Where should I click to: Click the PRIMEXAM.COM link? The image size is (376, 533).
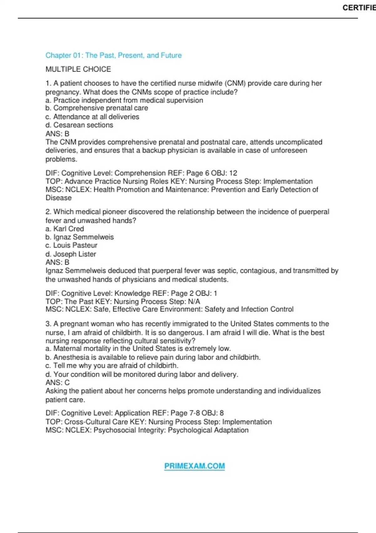pyautogui.click(x=195, y=466)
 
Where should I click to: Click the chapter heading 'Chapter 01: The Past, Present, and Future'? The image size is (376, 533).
pyautogui.click(x=113, y=55)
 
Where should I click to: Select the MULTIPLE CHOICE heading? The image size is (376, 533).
pyautogui.click(x=78, y=69)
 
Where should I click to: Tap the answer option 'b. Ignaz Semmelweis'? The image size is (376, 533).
pyautogui.click(x=80, y=237)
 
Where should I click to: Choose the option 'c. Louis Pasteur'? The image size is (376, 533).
pyautogui.click(x=71, y=245)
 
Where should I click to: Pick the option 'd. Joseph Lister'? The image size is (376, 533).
pyautogui.click(x=71, y=254)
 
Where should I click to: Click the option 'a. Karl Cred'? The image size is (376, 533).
pyautogui.click(x=65, y=229)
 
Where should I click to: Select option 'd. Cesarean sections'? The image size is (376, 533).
pyautogui.click(x=79, y=125)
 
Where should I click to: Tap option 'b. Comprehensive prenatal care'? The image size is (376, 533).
pyautogui.click(x=97, y=108)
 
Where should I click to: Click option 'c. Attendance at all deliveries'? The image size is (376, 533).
pyautogui.click(x=92, y=117)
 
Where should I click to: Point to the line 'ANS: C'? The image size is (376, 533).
pyautogui.click(x=58, y=383)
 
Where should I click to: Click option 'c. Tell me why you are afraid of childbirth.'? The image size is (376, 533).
pyautogui.click(x=112, y=366)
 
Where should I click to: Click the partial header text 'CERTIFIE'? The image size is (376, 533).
pyautogui.click(x=359, y=8)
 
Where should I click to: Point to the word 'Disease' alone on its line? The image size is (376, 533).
pyautogui.click(x=59, y=198)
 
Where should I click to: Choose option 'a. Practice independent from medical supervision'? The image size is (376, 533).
pyautogui.click(x=124, y=100)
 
